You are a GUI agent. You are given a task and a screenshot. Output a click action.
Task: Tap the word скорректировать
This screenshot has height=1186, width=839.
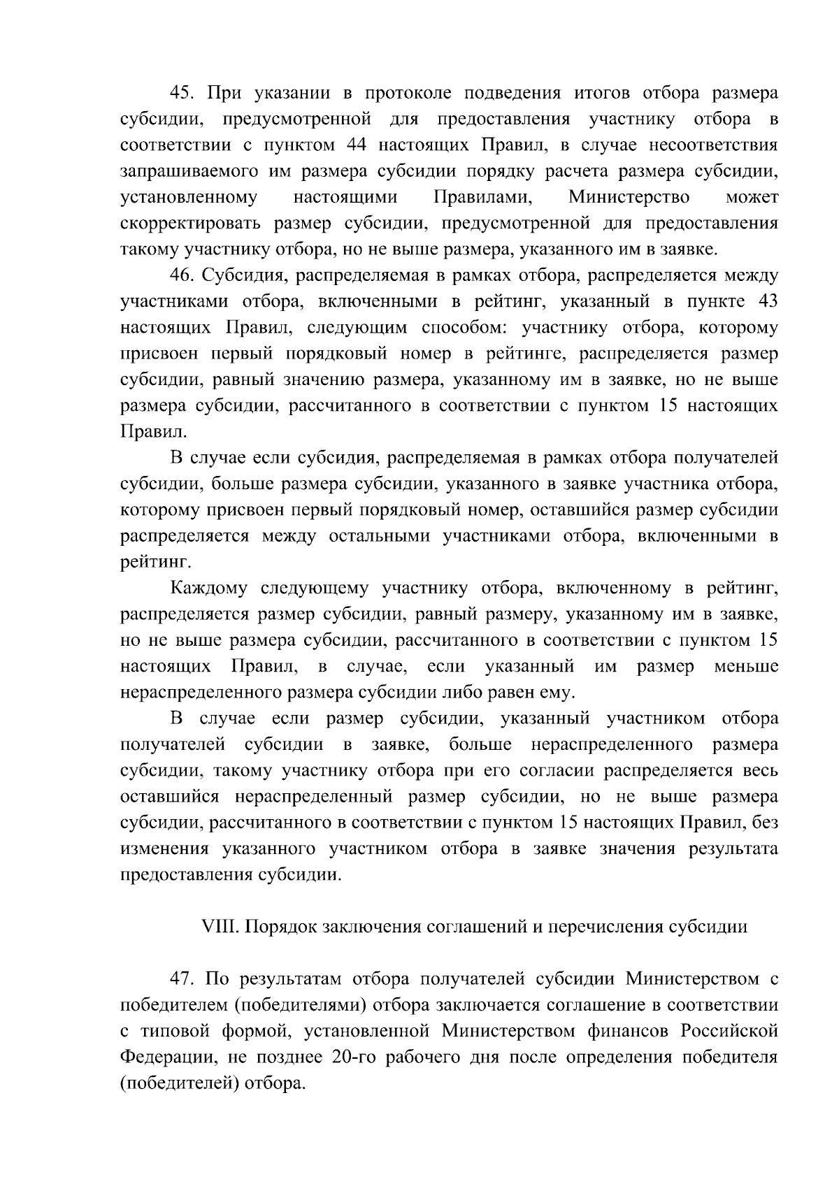coord(191,224)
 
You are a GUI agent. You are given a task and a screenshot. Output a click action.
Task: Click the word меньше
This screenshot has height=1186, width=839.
coord(746,667)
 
